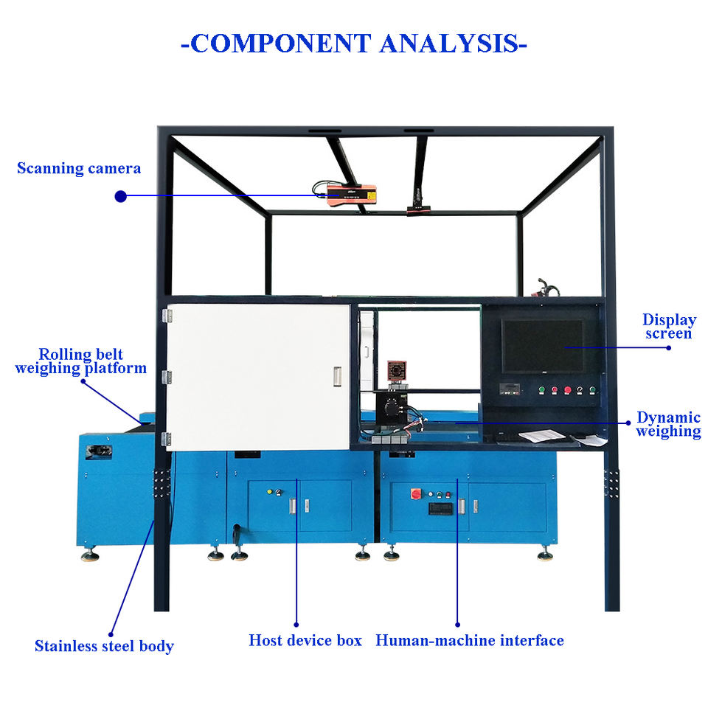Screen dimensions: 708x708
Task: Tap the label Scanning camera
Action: (x=79, y=168)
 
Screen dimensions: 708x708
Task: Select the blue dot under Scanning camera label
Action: (x=121, y=196)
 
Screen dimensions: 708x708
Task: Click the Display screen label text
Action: (x=668, y=327)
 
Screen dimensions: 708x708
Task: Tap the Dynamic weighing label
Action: (x=668, y=424)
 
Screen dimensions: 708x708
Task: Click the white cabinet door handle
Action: (x=337, y=377)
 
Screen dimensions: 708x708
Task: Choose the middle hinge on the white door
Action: (x=167, y=377)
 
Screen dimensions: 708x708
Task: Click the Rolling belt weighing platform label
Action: (x=80, y=361)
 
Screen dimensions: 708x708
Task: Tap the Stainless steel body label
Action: (x=104, y=646)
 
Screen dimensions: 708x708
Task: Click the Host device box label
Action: (x=305, y=640)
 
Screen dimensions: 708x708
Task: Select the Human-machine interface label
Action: (x=470, y=640)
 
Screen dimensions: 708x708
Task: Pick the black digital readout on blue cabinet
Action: (x=441, y=508)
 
